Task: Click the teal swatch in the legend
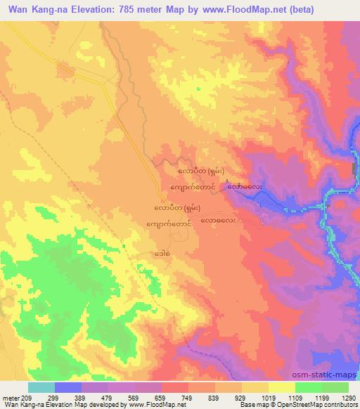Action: [x=41, y=387]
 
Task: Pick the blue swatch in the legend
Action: [x=67, y=387]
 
